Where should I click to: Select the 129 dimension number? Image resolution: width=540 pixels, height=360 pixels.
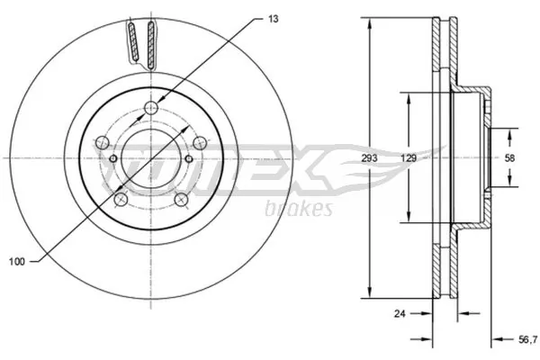(x=408, y=157)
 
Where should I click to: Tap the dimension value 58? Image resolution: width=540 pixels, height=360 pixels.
(x=510, y=158)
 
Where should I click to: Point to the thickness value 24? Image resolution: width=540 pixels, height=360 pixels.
(x=401, y=314)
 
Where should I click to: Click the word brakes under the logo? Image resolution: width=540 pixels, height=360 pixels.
(x=300, y=209)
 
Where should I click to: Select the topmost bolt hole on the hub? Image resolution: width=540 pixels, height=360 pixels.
(x=150, y=111)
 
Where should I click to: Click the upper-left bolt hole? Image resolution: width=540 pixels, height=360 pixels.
(x=103, y=142)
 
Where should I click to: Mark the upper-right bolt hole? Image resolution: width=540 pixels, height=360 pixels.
(x=199, y=142)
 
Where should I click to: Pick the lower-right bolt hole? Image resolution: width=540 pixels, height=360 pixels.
(x=181, y=199)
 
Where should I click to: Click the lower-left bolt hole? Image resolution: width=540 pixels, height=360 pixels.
(x=121, y=199)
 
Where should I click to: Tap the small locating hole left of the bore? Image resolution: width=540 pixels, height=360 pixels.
(x=112, y=159)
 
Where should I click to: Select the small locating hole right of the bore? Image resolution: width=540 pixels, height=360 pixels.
(x=189, y=159)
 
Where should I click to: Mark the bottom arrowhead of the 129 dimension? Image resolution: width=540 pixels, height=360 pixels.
(x=408, y=220)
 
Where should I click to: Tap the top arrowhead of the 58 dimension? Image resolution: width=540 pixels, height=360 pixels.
(x=510, y=133)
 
